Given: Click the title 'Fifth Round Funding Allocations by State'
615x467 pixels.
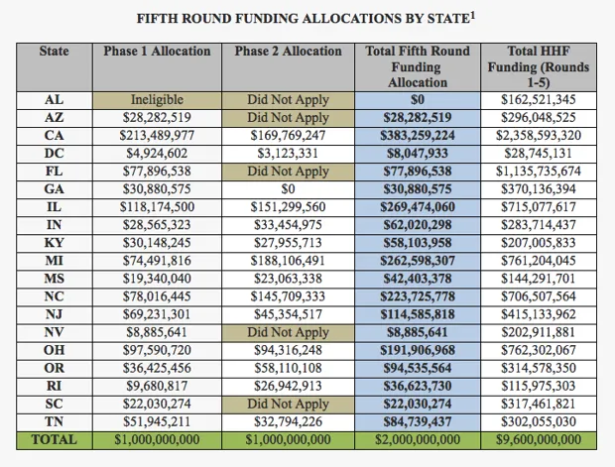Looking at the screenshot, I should tap(299, 17).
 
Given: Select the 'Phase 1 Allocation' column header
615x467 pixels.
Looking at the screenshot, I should tap(157, 52).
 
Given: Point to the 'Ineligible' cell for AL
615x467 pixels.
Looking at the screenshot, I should tap(157, 100).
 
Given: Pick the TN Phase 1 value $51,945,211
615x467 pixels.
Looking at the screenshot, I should tap(157, 421).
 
